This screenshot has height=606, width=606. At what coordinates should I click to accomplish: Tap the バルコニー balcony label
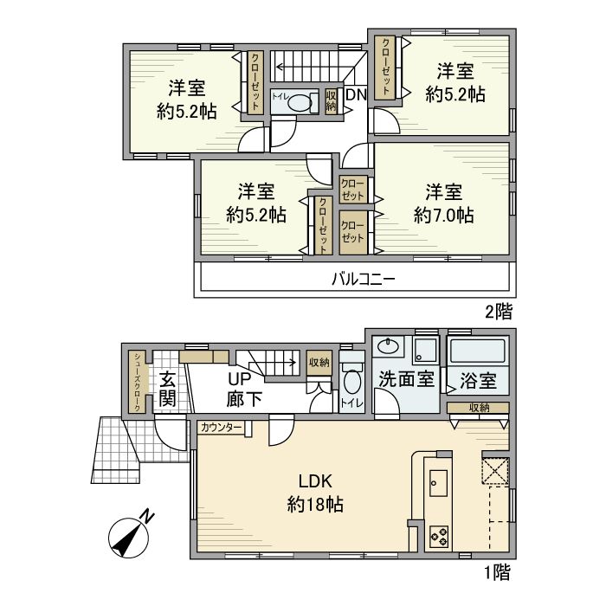pos(364,280)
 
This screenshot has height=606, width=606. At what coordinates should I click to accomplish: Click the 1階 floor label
pos(497,571)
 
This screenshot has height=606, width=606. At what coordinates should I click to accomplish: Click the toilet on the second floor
pos(299,102)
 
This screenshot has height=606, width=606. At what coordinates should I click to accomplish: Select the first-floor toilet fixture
pos(351,382)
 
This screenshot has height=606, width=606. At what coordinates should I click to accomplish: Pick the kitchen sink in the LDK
pos(438,482)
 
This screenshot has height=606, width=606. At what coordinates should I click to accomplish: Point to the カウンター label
pos(221,428)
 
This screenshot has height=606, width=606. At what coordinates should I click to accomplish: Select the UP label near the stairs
pos(238,379)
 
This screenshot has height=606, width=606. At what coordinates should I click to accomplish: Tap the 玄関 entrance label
pos(168,390)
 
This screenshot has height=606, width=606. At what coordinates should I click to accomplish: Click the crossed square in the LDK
pos(495,473)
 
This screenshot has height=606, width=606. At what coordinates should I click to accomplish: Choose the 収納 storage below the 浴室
pos(479,408)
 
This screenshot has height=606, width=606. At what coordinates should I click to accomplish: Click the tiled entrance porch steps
pos(114,449)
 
